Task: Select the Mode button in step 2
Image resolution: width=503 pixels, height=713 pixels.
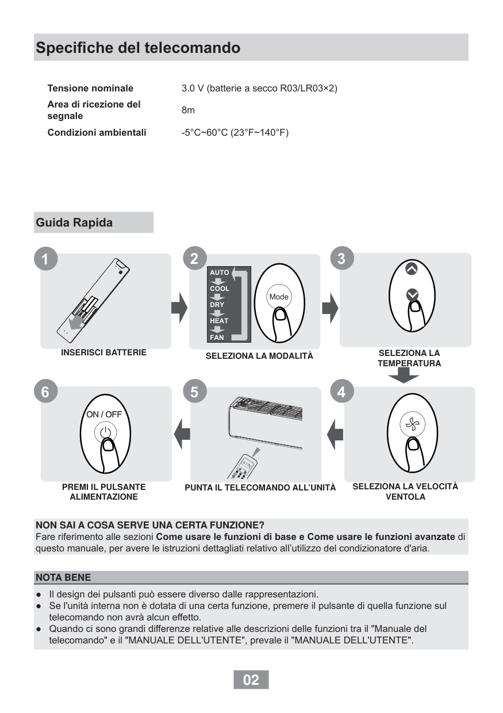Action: (279, 297)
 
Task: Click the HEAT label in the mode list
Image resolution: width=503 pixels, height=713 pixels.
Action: (219, 320)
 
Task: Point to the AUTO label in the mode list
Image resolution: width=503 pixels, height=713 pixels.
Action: (220, 272)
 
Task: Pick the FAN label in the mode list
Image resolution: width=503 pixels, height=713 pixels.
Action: (217, 337)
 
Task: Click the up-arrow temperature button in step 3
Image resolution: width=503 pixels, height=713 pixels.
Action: (411, 267)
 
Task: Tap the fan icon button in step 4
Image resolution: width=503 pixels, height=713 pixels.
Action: (412, 425)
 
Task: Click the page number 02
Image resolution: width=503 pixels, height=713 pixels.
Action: (251, 680)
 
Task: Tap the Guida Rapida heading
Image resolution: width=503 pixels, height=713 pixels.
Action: (74, 223)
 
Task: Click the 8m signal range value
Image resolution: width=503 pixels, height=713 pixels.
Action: (188, 110)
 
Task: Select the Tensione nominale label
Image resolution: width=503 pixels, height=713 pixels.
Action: (90, 89)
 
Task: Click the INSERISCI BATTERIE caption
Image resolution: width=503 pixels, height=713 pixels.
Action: (103, 352)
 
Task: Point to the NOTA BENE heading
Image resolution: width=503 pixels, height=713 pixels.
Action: (63, 577)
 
